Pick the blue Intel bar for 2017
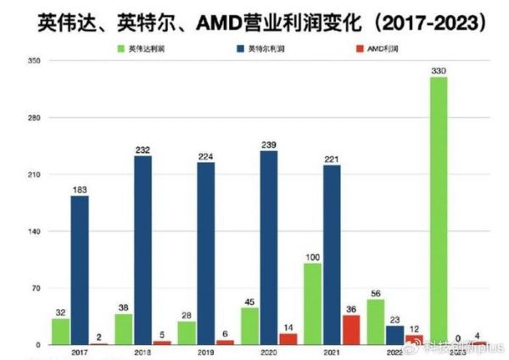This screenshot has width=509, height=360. click(80, 270)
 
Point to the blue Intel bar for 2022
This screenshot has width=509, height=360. click(394, 335)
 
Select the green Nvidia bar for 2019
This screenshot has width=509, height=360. click(187, 333)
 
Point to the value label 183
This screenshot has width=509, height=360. click(80, 189)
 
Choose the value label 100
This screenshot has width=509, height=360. click(312, 256)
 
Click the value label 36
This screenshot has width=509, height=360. click(350, 308)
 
